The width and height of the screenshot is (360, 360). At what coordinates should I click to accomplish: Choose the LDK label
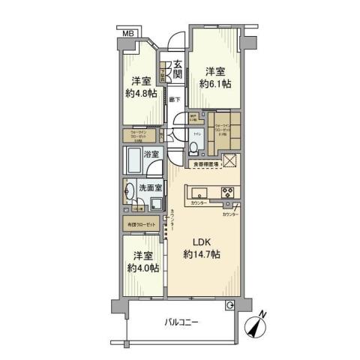[202, 242]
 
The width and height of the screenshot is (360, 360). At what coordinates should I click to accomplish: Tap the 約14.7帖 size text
[202, 256]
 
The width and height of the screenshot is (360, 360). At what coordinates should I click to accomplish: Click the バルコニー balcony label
[183, 322]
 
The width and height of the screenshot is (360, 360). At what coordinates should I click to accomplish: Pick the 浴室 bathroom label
[151, 154]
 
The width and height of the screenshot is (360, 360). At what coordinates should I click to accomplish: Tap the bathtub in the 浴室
[133, 160]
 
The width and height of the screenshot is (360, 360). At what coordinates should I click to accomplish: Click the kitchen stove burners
[227, 191]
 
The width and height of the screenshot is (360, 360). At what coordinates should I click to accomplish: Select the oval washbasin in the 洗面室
[128, 190]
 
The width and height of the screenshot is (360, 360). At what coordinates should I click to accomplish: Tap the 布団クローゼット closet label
[139, 224]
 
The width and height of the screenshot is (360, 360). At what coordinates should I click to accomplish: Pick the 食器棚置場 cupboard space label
[202, 163]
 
